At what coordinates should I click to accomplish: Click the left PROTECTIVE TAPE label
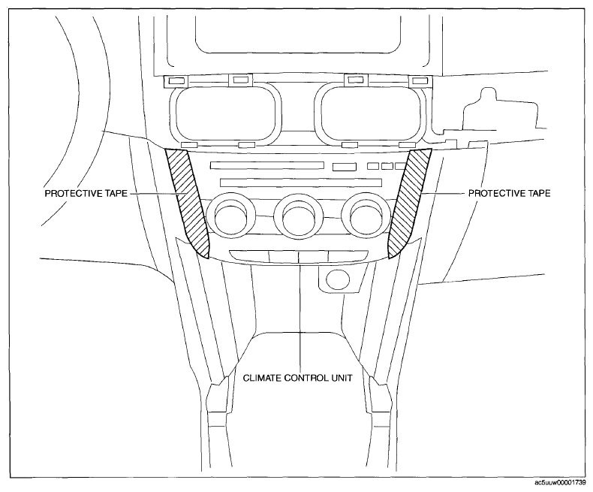coord(86,193)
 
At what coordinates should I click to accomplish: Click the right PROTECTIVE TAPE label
coord(510,193)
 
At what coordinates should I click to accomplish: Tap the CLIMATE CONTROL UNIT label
coord(298,378)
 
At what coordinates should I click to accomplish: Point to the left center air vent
coord(225,114)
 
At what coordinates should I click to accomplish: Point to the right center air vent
coord(370,114)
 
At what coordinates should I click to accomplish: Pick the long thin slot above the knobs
coord(267,165)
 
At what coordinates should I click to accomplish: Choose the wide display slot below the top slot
coord(301,183)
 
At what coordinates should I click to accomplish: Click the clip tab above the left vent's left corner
coord(176,80)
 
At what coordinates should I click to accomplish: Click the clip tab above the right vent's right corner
coord(419,80)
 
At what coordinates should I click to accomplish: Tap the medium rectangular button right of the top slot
coord(344,167)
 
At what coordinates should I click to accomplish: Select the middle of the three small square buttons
coord(387,166)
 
